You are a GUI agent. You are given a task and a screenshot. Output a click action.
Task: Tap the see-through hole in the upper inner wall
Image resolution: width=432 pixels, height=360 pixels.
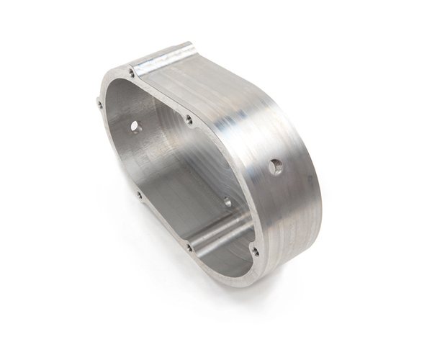(135, 127)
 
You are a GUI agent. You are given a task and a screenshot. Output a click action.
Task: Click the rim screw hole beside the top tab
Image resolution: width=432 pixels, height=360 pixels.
(131, 73)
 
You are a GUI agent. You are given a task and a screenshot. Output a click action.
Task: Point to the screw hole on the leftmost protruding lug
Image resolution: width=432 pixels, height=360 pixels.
(99, 105)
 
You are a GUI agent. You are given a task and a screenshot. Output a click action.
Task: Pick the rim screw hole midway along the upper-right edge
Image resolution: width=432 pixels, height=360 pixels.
(189, 120)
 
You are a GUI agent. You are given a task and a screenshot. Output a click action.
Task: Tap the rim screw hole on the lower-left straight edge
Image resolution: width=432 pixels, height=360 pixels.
(139, 194)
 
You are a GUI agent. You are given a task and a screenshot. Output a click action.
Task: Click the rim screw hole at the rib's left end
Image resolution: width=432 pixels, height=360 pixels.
(189, 247)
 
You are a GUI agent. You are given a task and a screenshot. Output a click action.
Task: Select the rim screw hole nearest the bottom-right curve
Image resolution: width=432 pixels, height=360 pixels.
(254, 251)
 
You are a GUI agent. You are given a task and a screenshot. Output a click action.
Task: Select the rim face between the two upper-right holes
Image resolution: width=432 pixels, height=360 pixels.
(160, 96)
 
